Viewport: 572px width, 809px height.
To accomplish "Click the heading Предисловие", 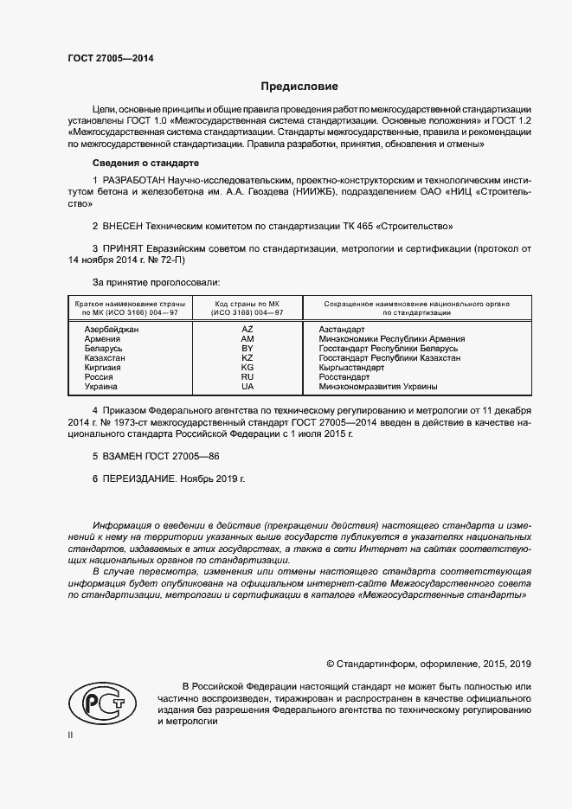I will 300,87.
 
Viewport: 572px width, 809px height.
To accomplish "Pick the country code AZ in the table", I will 247,330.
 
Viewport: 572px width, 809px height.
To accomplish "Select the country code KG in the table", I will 247,368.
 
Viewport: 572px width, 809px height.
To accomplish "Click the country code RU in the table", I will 247,377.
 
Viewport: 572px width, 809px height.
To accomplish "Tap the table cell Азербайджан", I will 111,330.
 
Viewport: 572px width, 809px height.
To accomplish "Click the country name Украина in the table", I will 100,387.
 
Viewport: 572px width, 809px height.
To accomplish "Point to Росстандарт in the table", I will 344,377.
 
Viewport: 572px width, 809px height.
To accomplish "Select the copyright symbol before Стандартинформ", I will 330,664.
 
